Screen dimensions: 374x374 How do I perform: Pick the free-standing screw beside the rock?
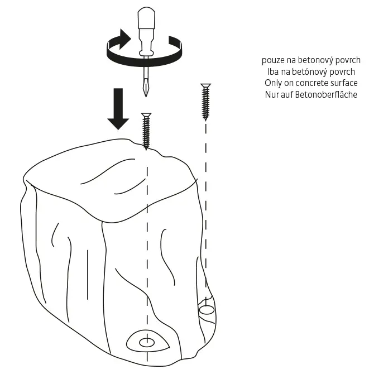206,102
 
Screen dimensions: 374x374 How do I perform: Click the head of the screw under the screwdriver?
146,115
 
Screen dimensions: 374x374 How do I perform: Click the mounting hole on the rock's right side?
206,309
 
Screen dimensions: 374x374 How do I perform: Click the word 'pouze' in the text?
273,60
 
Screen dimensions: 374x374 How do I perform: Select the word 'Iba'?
274,71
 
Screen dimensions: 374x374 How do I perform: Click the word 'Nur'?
272,94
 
